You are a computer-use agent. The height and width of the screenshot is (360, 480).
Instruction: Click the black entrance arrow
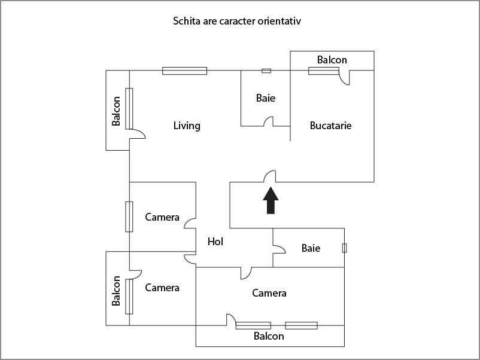coord(271,200)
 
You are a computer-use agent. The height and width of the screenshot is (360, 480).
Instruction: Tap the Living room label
coord(187,126)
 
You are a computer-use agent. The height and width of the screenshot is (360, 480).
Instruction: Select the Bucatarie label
coord(330,126)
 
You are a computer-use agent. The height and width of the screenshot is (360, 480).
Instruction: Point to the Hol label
coord(215,242)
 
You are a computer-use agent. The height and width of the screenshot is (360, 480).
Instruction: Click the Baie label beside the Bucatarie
coord(266,97)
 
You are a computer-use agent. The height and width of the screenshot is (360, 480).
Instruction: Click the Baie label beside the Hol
coord(311,248)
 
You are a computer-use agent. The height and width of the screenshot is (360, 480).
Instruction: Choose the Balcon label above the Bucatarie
coord(332,60)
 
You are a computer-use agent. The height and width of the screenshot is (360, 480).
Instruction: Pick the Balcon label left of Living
coord(117,111)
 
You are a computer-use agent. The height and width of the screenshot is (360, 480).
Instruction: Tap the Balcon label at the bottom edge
coord(269,336)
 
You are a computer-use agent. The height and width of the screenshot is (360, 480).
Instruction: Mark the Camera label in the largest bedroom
coord(269,293)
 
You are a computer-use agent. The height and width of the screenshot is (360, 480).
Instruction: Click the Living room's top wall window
coord(184,71)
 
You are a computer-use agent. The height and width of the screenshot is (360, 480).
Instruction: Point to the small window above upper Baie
coord(266,71)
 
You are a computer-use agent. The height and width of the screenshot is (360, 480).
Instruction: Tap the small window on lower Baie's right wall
coord(344,248)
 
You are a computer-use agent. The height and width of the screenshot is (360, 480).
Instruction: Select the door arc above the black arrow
coord(269,176)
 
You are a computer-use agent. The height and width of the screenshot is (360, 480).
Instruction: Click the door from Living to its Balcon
coord(137,134)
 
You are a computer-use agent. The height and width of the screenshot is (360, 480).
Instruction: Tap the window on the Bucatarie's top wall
coord(323,71)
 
